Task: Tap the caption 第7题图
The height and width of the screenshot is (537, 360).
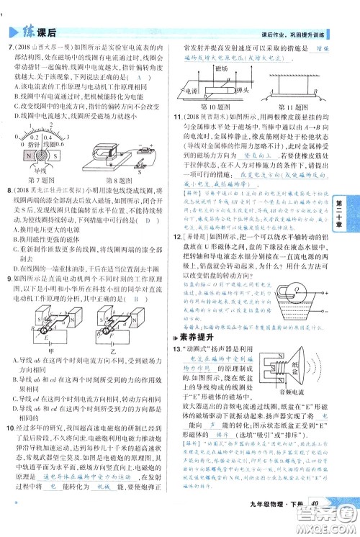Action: pyautogui.click(x=41, y=179)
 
